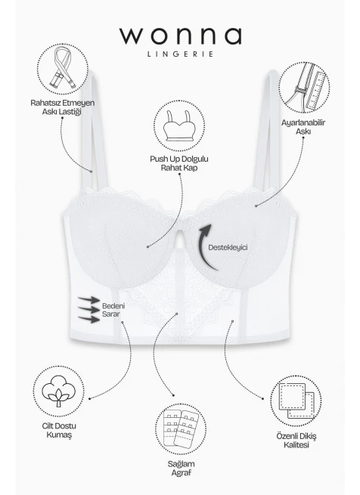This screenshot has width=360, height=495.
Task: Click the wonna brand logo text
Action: pyautogui.click(x=180, y=36)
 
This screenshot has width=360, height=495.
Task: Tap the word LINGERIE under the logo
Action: pyautogui.click(x=180, y=54)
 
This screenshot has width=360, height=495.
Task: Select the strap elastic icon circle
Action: pyautogui.click(x=62, y=69)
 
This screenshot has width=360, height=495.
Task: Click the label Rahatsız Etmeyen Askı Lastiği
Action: pyautogui.click(x=62, y=107)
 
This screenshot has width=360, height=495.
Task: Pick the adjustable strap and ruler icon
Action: pyautogui.click(x=304, y=88)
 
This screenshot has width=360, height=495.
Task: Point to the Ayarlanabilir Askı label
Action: pyautogui.click(x=303, y=127)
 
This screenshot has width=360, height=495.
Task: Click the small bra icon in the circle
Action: pyautogui.click(x=179, y=126)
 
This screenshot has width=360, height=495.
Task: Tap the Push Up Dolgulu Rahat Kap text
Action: pyautogui.click(x=179, y=163)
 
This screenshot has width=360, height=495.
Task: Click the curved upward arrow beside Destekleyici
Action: pyautogui.click(x=206, y=246)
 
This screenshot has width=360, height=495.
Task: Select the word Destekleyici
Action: pyautogui.click(x=228, y=248)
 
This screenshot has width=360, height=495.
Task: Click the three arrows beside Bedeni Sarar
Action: pyautogui.click(x=88, y=309)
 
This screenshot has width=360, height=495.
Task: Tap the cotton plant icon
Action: pyautogui.click(x=59, y=391)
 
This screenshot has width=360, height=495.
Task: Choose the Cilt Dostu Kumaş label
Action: pyautogui.click(x=59, y=430)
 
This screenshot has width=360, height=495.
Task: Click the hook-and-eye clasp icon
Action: pyautogui.click(x=181, y=429)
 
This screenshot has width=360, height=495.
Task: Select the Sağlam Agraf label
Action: pyautogui.click(x=181, y=468)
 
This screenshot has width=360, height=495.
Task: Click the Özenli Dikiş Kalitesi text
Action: pyautogui.click(x=296, y=441)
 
